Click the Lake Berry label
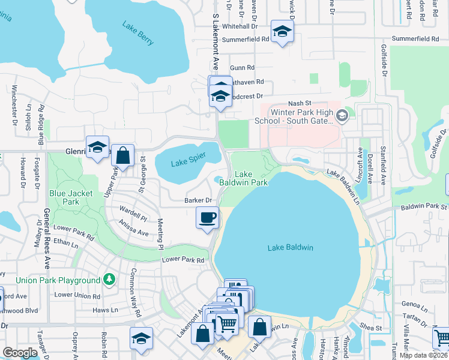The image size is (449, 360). click(x=139, y=34)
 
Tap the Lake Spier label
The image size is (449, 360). click(x=188, y=160)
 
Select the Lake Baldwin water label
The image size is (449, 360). click(x=291, y=247)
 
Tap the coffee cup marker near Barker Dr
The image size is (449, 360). click(x=208, y=218)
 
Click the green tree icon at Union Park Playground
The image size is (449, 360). click(x=109, y=280)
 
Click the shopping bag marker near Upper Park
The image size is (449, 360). click(x=122, y=156)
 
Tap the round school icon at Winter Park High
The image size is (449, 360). click(x=342, y=115)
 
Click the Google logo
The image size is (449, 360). click(x=20, y=353)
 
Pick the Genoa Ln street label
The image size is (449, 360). click(x=417, y=305)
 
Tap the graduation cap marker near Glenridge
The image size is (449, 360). click(x=96, y=148)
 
